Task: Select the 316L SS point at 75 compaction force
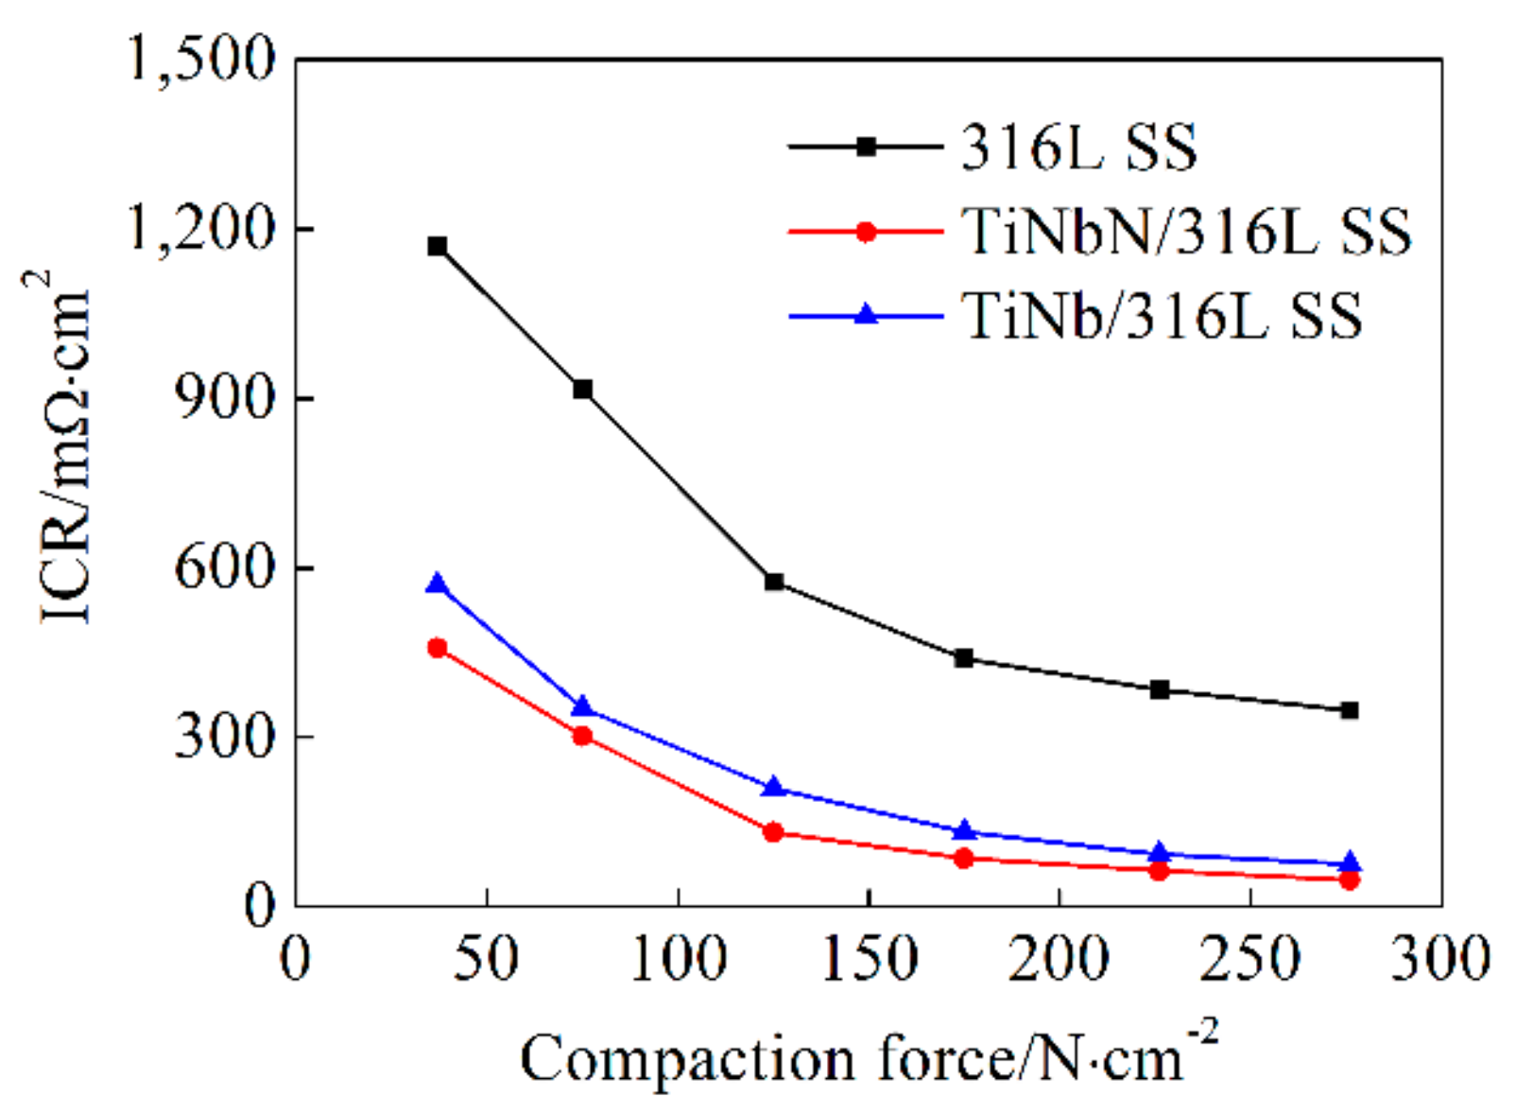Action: click(582, 389)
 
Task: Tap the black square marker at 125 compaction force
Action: click(774, 582)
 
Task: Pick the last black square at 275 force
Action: click(1349, 710)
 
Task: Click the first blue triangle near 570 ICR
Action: click(437, 584)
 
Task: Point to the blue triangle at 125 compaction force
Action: click(774, 787)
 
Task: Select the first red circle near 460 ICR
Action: click(437, 648)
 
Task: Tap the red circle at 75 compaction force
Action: click(582, 736)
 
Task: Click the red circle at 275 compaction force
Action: click(1349, 879)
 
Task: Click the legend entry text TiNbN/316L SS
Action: click(1185, 232)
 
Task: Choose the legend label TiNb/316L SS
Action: click(1162, 316)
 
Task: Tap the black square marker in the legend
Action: click(866, 147)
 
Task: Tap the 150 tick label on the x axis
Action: click(869, 958)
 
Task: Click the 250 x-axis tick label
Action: click(1250, 958)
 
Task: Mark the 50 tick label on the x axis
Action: click(486, 958)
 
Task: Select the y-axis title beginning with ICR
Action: click(64, 449)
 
